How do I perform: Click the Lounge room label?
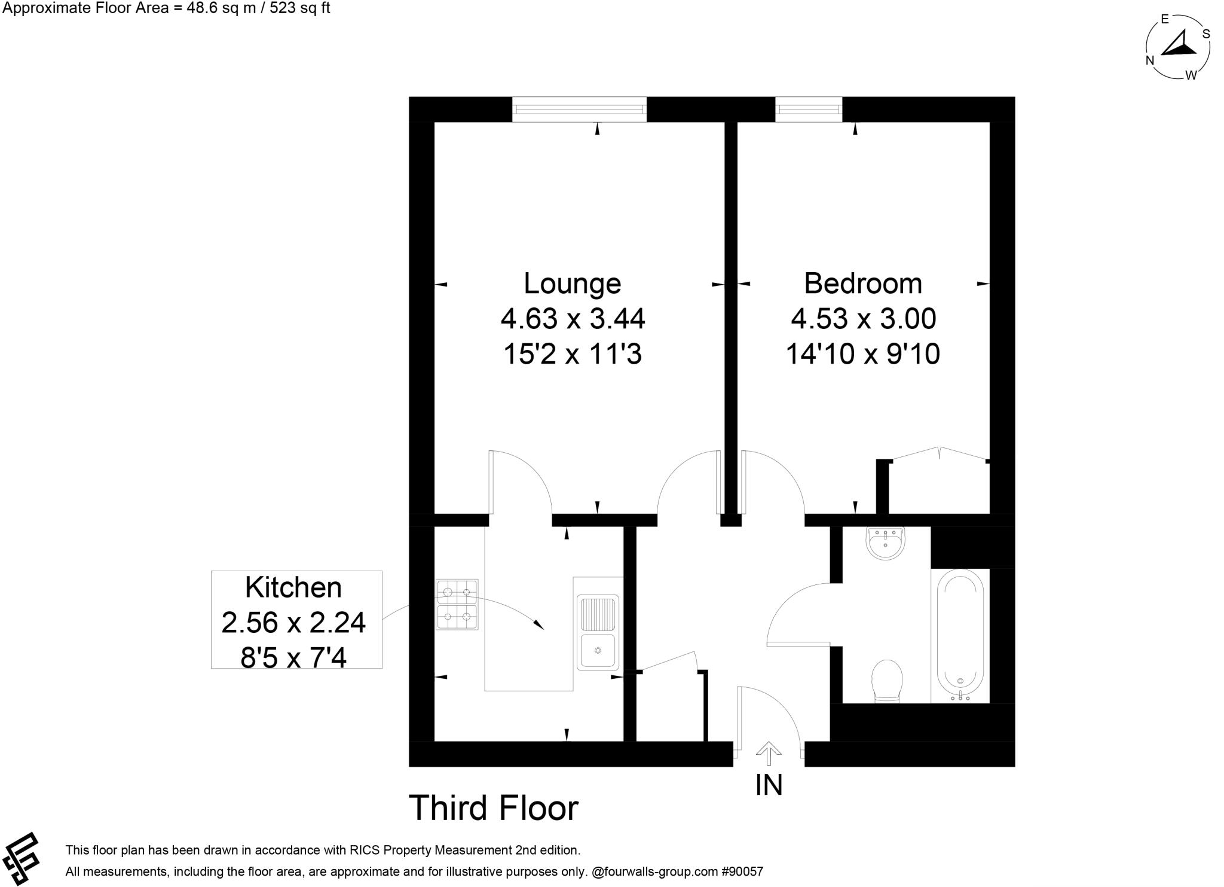tap(572, 284)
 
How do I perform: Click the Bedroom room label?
tap(862, 284)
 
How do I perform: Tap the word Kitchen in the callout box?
tap(293, 587)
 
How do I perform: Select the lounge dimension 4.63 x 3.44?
tap(572, 319)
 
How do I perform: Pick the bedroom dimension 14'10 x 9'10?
tap(862, 354)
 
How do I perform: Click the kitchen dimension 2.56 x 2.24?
tap(293, 623)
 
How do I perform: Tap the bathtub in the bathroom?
tap(960, 635)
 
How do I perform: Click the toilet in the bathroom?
tap(886, 680)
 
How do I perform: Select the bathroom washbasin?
tap(885, 542)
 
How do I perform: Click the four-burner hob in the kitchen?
tap(457, 604)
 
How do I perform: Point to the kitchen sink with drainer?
tap(596, 632)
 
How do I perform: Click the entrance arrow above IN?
tap(769, 754)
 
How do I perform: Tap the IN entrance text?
tap(769, 785)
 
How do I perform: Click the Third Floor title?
tap(493, 808)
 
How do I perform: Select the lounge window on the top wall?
tap(579, 109)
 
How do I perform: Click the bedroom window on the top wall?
tap(808, 109)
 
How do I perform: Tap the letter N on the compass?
tap(1149, 60)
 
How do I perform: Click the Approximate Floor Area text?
tap(166, 8)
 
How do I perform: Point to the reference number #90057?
tap(743, 871)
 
